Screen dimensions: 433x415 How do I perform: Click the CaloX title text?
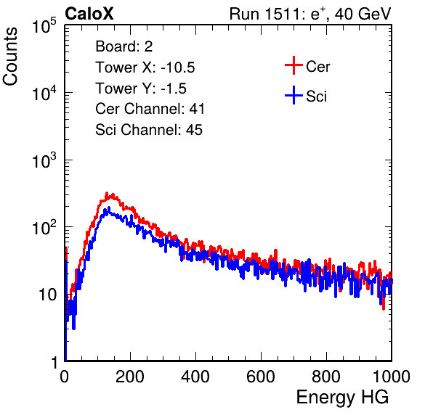pyautogui.click(x=89, y=14)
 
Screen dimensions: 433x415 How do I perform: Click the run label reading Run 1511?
pyautogui.click(x=267, y=14)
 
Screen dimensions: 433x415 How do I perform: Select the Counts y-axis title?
pyautogui.click(x=10, y=57)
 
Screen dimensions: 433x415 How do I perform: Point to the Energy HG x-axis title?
pyautogui.click(x=342, y=397)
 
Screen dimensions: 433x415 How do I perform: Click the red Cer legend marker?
pyautogui.click(x=294, y=65)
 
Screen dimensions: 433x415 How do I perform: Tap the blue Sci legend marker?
pyautogui.click(x=294, y=96)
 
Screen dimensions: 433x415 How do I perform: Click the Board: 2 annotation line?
pyautogui.click(x=124, y=46)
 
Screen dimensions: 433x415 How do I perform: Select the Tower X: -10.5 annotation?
pyautogui.click(x=145, y=67)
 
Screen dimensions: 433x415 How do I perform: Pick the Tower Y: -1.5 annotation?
pyautogui.click(x=141, y=89)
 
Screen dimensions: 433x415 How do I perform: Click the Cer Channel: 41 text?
pyautogui.click(x=150, y=109)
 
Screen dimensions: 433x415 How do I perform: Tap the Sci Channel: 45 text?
pyautogui.click(x=149, y=130)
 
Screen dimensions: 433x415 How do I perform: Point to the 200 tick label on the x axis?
pyautogui.click(x=130, y=377)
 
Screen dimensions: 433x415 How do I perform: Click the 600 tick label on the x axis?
pyautogui.click(x=261, y=377)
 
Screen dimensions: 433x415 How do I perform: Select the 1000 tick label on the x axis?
pyautogui.click(x=392, y=377)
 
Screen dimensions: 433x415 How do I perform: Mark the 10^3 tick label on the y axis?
pyautogui.click(x=44, y=160)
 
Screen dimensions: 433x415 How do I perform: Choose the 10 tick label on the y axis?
pyautogui.click(x=48, y=295)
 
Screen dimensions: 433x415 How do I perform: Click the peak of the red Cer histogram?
pyautogui.click(x=107, y=193)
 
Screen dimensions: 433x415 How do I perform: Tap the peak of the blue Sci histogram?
pyautogui.click(x=109, y=207)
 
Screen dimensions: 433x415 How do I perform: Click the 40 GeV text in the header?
pyautogui.click(x=363, y=14)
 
